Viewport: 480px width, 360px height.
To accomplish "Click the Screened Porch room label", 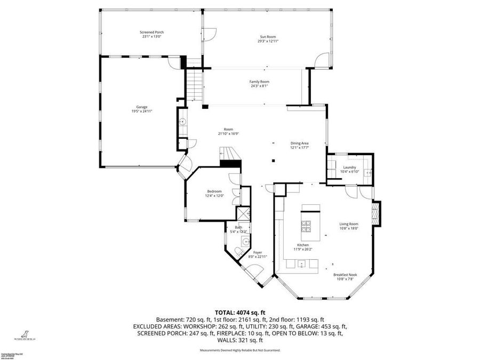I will [152, 32].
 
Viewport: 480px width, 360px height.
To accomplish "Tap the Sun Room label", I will [267, 36].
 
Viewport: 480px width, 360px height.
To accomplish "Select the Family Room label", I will [259, 82].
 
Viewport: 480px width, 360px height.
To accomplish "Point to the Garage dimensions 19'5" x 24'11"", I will [142, 111].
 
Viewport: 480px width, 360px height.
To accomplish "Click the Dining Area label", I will [300, 143].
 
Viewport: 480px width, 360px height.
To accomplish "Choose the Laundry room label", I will [350, 167].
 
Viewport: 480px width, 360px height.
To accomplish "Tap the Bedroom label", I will [214, 191].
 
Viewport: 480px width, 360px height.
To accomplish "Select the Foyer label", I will [258, 252].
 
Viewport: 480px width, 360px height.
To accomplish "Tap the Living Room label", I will [349, 224].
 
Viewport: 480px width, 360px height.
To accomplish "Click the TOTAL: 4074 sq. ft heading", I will [240, 312].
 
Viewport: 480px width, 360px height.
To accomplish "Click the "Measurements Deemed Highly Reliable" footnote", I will [240, 350].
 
